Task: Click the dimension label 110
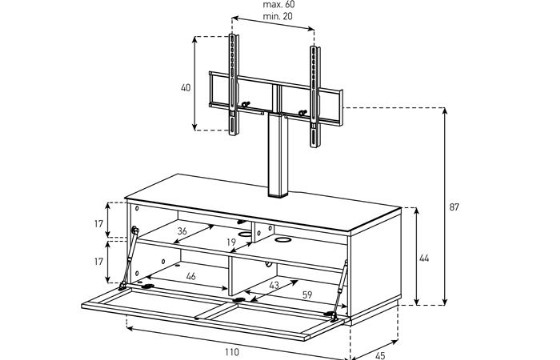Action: (232, 352)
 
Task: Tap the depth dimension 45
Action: (380, 356)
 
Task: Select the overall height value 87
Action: (454, 207)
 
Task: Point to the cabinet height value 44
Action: (424, 258)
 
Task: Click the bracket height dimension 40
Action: (186, 88)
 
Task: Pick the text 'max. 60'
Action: (279, 5)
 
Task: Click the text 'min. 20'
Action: (278, 16)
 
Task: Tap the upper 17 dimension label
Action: (99, 224)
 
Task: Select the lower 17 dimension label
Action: (99, 262)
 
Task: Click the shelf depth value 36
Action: (182, 231)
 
